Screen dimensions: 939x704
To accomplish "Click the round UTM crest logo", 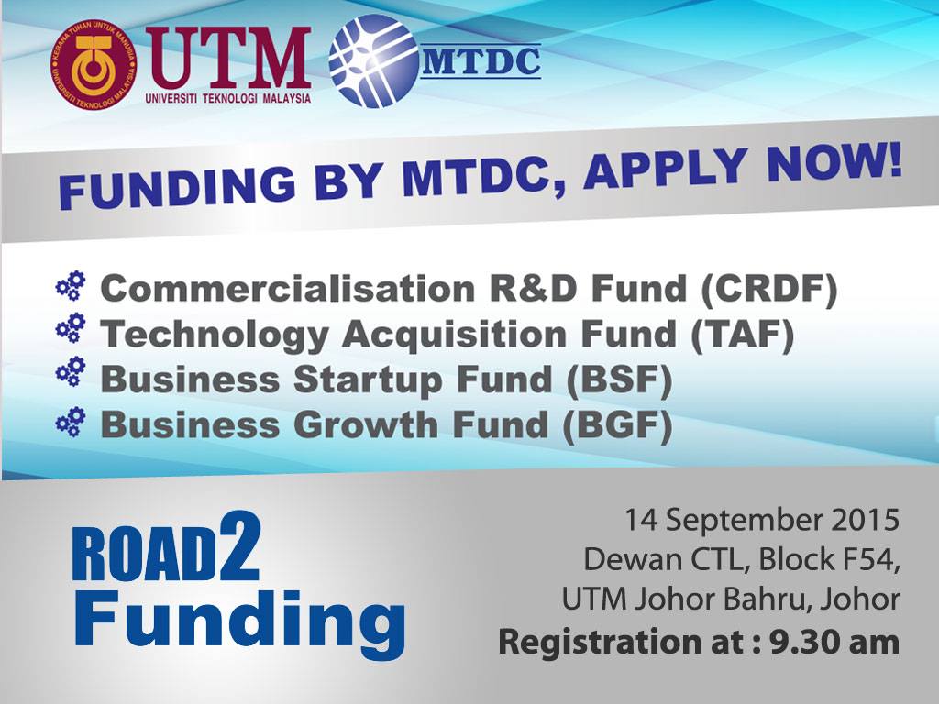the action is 94,65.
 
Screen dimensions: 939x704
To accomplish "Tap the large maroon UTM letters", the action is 228,57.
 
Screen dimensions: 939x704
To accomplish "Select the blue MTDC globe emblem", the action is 374,61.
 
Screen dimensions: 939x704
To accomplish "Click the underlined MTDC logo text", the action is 481,62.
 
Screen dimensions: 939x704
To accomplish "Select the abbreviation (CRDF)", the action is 768,289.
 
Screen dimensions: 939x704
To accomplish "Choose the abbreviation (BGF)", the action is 616,425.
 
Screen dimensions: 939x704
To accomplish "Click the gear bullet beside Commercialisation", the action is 71,286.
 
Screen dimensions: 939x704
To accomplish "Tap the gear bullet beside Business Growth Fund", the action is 71,422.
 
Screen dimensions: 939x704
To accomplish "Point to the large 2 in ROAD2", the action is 239,546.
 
